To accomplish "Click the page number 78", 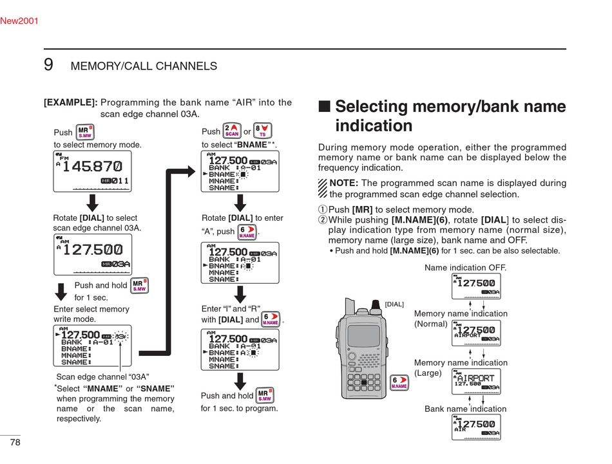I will tap(14, 442).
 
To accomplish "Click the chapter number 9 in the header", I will tap(48, 65).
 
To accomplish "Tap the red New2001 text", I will tap(19, 21).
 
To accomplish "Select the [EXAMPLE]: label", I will tap(70, 102).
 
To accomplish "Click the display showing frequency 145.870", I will tap(92, 171).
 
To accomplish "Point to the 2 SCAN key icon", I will tap(232, 131).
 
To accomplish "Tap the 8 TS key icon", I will tap(263, 131).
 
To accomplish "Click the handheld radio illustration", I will tap(363, 351).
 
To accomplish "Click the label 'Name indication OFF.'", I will tap(466, 267).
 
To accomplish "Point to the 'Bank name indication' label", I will tap(465, 409).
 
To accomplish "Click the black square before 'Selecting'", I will tap(325, 107).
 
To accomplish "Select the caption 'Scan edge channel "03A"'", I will tap(103, 376).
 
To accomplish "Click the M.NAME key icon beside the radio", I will tap(399, 383).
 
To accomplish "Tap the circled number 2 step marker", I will tap(323, 220).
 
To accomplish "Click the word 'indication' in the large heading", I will tap(374, 125).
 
